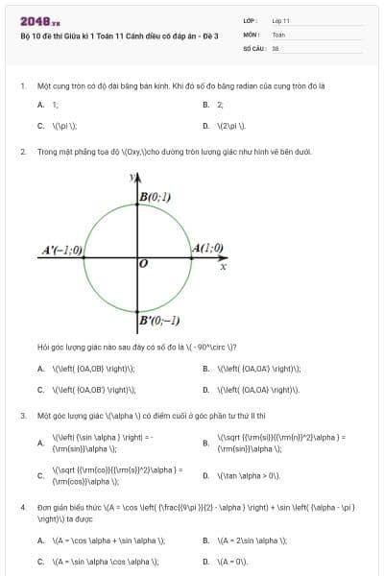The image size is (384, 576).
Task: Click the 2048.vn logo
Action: pyautogui.click(x=40, y=20)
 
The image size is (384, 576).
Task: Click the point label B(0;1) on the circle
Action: pyautogui.click(x=155, y=197)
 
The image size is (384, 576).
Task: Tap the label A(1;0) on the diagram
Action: pyautogui.click(x=207, y=248)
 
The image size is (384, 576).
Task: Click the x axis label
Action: pyautogui.click(x=223, y=266)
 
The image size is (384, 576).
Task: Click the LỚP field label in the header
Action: pyautogui.click(x=250, y=19)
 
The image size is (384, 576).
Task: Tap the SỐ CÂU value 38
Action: pyautogui.click(x=276, y=46)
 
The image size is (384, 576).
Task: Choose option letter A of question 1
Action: pyautogui.click(x=40, y=105)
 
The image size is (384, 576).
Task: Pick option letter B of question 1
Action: pyautogui.click(x=206, y=105)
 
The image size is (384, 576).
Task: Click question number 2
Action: pyautogui.click(x=22, y=152)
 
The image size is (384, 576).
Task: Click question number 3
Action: pyautogui.click(x=22, y=416)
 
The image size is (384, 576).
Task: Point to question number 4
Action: pyautogui.click(x=22, y=505)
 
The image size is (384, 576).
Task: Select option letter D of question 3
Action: pyautogui.click(x=206, y=475)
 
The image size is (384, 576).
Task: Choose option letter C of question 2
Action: pyautogui.click(x=40, y=390)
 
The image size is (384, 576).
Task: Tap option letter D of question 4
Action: pyautogui.click(x=206, y=561)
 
